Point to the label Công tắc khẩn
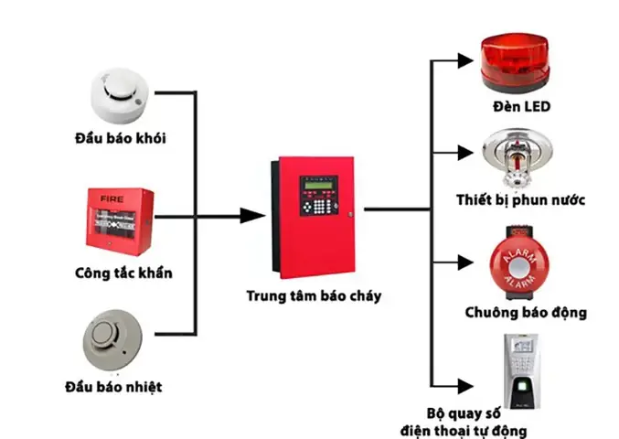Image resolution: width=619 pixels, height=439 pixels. [x=123, y=273]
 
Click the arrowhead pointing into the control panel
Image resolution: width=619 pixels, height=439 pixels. [x=251, y=216]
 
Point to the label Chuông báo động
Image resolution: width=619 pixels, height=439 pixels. [x=525, y=313]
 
